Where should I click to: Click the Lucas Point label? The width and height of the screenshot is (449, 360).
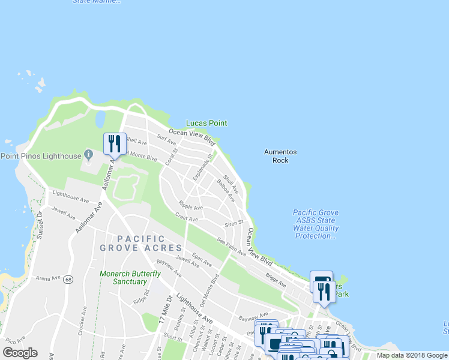click(206, 123)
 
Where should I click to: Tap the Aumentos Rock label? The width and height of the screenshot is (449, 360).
click(280, 156)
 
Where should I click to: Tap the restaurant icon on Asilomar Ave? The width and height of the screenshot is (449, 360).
click(115, 143)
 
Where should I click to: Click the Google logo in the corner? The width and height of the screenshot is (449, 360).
click(20, 353)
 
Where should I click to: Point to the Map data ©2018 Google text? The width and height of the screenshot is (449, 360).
click(411, 355)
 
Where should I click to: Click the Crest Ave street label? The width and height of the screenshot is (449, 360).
click(186, 217)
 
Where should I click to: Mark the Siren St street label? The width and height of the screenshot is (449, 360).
click(233, 223)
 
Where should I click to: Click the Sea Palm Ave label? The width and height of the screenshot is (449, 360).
click(232, 249)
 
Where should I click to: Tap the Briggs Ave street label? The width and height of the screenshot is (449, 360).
click(276, 280)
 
